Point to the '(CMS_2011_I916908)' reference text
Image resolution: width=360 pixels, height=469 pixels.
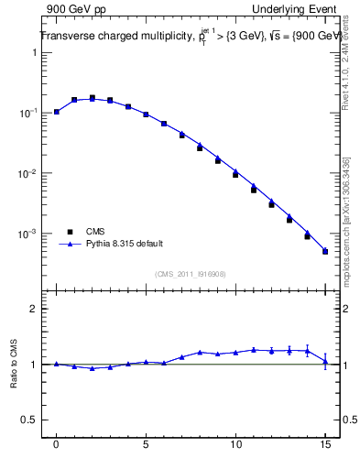click(x=191, y=273)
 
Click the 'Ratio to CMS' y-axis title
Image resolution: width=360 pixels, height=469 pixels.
click(x=14, y=365)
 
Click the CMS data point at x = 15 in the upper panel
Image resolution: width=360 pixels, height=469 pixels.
click(x=325, y=252)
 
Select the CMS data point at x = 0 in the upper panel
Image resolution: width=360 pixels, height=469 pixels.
click(x=57, y=112)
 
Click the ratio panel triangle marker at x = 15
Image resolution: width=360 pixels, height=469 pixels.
click(x=325, y=363)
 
